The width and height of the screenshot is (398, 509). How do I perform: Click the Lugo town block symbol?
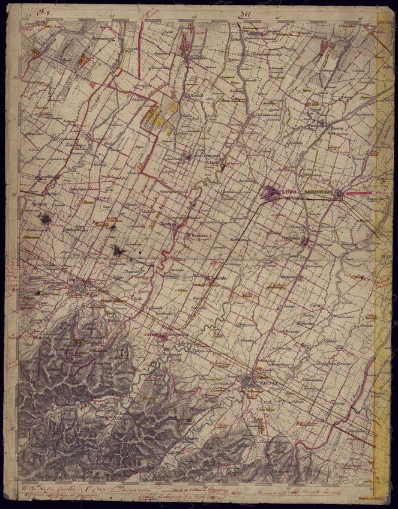pos(272,193)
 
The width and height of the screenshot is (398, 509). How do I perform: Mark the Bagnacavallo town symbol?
pos(339,194)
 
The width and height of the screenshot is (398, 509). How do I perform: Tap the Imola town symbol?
pos(79,289)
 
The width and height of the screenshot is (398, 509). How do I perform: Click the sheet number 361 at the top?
pos(246,17)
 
